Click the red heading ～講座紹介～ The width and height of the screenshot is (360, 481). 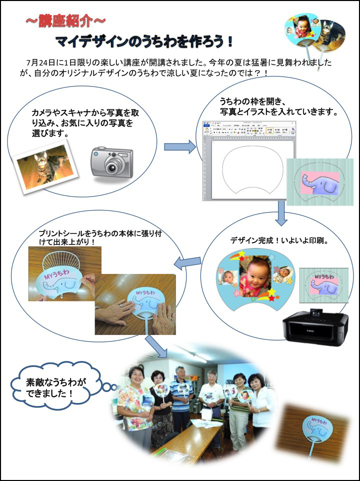[65, 21]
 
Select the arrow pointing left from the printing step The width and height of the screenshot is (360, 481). [187, 261]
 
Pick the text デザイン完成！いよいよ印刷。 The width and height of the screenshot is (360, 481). [279, 240]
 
